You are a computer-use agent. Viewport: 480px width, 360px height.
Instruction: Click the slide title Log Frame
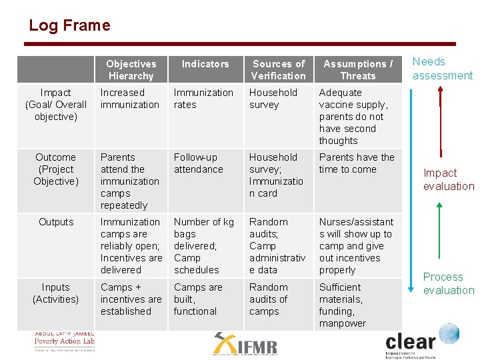pyautogui.click(x=69, y=26)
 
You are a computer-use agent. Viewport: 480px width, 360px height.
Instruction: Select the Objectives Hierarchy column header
pyautogui.click(x=131, y=70)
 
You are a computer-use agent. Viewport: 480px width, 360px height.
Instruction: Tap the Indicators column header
pyautogui.click(x=205, y=64)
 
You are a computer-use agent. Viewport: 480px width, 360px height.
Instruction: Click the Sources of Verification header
pyautogui.click(x=279, y=70)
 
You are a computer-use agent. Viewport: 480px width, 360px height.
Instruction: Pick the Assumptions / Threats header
pyautogui.click(x=358, y=70)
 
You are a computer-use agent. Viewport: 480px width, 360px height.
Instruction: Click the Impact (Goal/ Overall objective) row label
pyautogui.click(x=56, y=105)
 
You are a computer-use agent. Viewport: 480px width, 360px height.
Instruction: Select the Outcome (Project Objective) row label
pyautogui.click(x=56, y=169)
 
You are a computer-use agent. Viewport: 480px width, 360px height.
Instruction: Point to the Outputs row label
pyautogui.click(x=56, y=222)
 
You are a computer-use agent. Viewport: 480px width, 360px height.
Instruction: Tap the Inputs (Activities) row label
pyautogui.click(x=56, y=293)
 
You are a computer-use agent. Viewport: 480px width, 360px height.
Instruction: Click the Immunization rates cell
pyautogui.click(x=203, y=99)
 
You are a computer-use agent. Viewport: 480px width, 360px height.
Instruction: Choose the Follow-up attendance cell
pyautogui.click(x=199, y=163)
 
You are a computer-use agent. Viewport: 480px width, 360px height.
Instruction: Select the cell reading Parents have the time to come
pyautogui.click(x=357, y=163)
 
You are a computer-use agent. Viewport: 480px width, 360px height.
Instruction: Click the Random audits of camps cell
pyautogui.click(x=269, y=299)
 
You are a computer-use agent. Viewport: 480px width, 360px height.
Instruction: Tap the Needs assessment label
pyautogui.click(x=442, y=69)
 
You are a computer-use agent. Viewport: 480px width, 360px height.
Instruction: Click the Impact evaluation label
pyautogui.click(x=448, y=179)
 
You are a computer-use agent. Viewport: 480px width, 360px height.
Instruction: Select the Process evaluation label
pyautogui.click(x=448, y=283)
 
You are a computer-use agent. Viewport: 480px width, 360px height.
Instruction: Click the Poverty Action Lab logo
pyautogui.click(x=65, y=341)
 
